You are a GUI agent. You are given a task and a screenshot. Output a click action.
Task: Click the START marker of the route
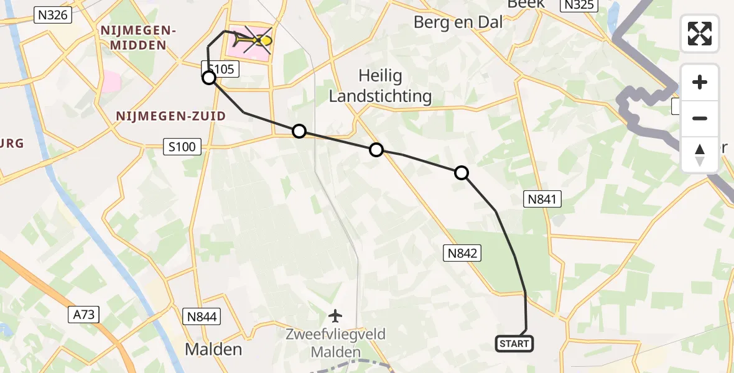coord(514,343)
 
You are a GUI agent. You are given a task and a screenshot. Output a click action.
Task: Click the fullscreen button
coord(700,34)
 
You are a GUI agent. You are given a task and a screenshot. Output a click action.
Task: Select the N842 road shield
coord(462,252)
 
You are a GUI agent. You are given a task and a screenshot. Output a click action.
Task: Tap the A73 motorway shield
coord(83,315)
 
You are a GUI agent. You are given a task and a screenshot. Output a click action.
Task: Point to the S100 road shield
coord(182,147)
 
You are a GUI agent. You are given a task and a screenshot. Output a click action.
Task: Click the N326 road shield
coord(52,16)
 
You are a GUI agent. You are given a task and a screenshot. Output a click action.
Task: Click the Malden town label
coord(213,349)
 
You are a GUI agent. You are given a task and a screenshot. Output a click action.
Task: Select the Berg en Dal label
coord(458,22)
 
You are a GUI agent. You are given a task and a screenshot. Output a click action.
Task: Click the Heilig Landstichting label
coord(380,86)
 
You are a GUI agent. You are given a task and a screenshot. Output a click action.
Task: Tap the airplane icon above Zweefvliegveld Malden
coord(335,316)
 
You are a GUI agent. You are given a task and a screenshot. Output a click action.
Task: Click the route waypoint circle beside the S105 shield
coord(209,78)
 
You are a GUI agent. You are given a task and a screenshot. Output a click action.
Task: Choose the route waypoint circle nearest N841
coord(462,173)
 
